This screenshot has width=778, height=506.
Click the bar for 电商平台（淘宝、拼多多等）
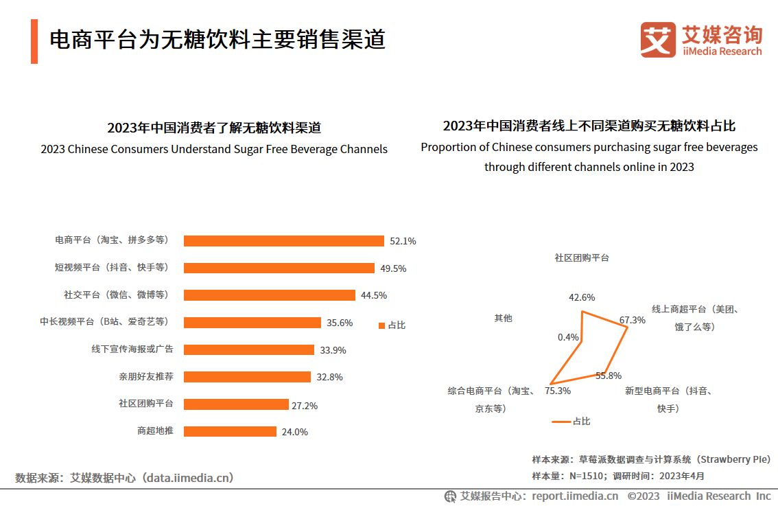pos(283,241)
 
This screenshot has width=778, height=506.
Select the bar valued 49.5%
pos(279,268)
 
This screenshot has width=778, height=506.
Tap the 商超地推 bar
pos(230,432)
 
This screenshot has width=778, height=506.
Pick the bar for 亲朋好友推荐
pos(247,377)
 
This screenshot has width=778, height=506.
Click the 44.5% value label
pos(374,295)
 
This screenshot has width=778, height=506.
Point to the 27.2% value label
pos(305,406)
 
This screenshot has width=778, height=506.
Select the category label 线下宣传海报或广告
pos(132,349)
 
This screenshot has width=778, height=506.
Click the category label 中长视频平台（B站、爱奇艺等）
pos(104,321)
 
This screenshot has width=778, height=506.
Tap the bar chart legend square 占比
pos(381,325)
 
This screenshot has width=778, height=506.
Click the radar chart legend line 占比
pos(561,422)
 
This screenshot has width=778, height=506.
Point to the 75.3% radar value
pos(558,391)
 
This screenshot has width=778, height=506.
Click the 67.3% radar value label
pos(632,320)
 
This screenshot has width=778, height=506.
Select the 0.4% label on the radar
pos(568,337)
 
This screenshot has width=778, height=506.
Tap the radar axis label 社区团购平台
pos(582,258)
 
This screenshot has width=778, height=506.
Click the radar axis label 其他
pos(503,319)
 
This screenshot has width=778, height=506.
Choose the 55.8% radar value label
pos(608,376)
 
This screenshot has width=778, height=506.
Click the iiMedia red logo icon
pos(658,40)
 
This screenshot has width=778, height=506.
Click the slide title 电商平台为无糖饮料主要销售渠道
pos(217,40)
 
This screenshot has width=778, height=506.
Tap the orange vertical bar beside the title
pos(34,41)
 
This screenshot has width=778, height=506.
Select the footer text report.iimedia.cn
pos(575,496)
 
